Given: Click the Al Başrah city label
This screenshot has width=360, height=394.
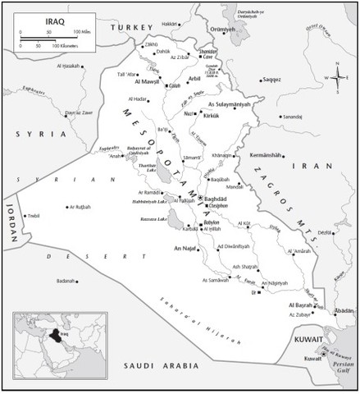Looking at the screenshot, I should [302, 305].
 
